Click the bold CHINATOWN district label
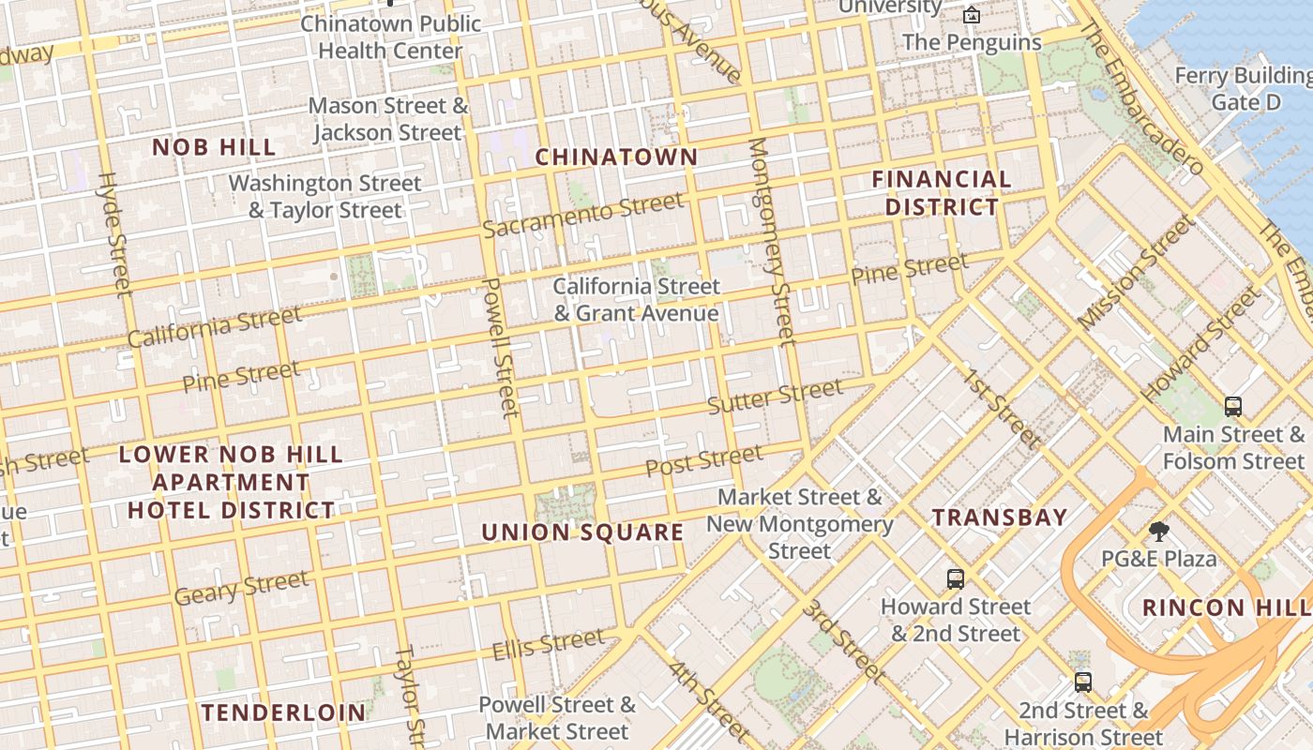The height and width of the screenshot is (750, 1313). click(x=616, y=157)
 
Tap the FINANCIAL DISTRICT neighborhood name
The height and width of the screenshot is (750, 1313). click(x=942, y=193)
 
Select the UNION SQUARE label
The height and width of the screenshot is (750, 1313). click(x=582, y=532)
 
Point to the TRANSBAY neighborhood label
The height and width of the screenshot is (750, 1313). click(x=1000, y=517)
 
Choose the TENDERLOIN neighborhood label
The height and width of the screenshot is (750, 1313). click(x=283, y=712)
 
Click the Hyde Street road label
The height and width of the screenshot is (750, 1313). click(x=115, y=234)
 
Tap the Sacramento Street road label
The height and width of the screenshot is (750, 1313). click(x=583, y=216)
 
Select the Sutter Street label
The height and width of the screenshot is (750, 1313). click(x=775, y=397)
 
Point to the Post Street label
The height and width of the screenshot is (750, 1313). click(x=704, y=460)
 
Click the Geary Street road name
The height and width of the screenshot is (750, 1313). click(x=241, y=588)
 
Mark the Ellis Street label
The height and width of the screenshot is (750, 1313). click(x=549, y=644)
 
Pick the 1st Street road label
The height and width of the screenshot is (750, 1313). click(x=1003, y=408)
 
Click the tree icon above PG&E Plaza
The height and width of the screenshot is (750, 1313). click(x=1159, y=532)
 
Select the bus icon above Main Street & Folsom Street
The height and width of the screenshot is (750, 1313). click(x=1233, y=407)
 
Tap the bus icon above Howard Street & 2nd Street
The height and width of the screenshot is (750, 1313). click(x=956, y=579)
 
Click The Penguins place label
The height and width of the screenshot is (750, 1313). click(x=972, y=43)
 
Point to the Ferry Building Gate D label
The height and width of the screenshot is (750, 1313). click(x=1245, y=88)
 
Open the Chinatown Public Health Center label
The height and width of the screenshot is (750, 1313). click(x=390, y=37)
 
